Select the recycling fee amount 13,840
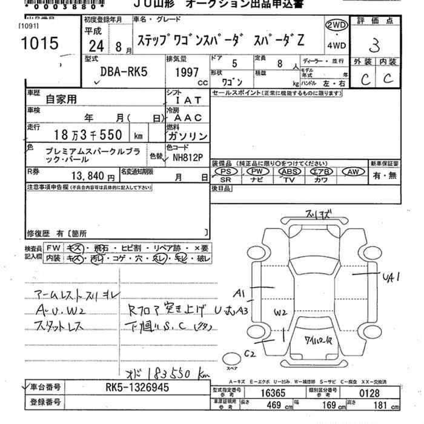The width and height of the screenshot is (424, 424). [x=88, y=177]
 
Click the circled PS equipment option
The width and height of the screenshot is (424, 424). [x=227, y=172]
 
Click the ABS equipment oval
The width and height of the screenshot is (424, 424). [x=289, y=172]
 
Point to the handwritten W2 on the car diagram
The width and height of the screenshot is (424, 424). [x=279, y=313]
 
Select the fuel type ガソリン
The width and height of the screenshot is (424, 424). [x=187, y=136]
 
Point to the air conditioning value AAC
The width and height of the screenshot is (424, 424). [x=187, y=118]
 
